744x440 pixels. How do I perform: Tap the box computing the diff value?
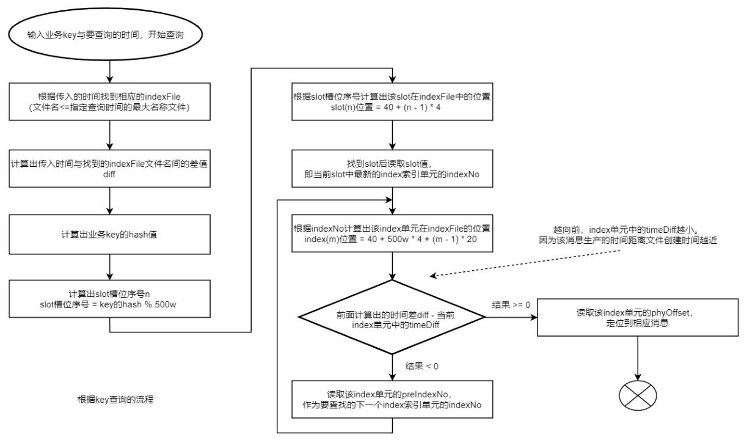(x=109, y=166)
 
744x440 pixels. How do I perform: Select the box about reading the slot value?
(x=392, y=166)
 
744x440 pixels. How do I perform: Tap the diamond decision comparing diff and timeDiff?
(x=392, y=317)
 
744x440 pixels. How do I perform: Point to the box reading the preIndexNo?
(x=392, y=400)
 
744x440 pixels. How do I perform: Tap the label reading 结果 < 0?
(x=422, y=366)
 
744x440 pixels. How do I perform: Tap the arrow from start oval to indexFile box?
(x=109, y=71)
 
